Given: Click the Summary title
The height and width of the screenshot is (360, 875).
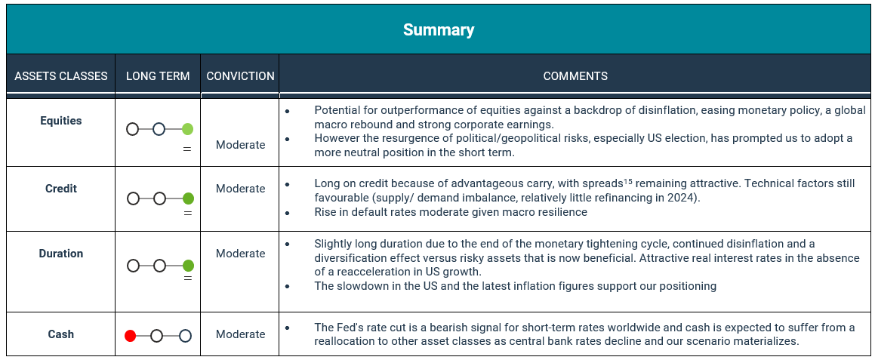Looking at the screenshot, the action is pyautogui.click(x=438, y=29).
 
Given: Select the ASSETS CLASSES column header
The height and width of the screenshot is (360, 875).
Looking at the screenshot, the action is pyautogui.click(x=61, y=76).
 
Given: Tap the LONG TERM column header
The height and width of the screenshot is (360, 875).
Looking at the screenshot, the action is pyautogui.click(x=158, y=76).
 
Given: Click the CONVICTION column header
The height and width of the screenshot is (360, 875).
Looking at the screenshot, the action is pyautogui.click(x=241, y=76).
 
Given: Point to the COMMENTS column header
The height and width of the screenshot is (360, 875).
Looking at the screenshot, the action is pyautogui.click(x=575, y=76).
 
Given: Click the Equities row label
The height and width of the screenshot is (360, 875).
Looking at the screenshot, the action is pyautogui.click(x=61, y=121).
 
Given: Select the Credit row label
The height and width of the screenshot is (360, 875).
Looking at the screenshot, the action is pyautogui.click(x=61, y=189).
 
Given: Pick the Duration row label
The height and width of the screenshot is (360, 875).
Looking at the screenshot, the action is pyautogui.click(x=61, y=254).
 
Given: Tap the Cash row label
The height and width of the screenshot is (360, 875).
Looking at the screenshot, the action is pyautogui.click(x=61, y=334).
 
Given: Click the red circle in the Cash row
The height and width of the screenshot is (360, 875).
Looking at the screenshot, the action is pyautogui.click(x=131, y=336).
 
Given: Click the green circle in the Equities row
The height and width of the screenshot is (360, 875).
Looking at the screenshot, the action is pyautogui.click(x=187, y=130).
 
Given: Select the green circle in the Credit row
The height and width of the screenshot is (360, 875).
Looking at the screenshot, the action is pyautogui.click(x=188, y=198).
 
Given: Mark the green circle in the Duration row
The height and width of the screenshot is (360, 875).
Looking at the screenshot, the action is pyautogui.click(x=188, y=266).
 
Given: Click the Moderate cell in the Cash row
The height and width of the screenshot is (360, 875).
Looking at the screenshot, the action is pyautogui.click(x=241, y=334).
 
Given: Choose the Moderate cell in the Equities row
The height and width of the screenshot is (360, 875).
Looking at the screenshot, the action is pyautogui.click(x=241, y=145).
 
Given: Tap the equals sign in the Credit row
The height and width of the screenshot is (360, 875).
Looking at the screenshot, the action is pyautogui.click(x=188, y=214).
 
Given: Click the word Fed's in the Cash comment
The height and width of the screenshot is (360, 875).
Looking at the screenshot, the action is pyautogui.click(x=347, y=328).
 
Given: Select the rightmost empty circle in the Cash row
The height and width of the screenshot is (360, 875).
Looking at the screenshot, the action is pyautogui.click(x=185, y=336).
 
